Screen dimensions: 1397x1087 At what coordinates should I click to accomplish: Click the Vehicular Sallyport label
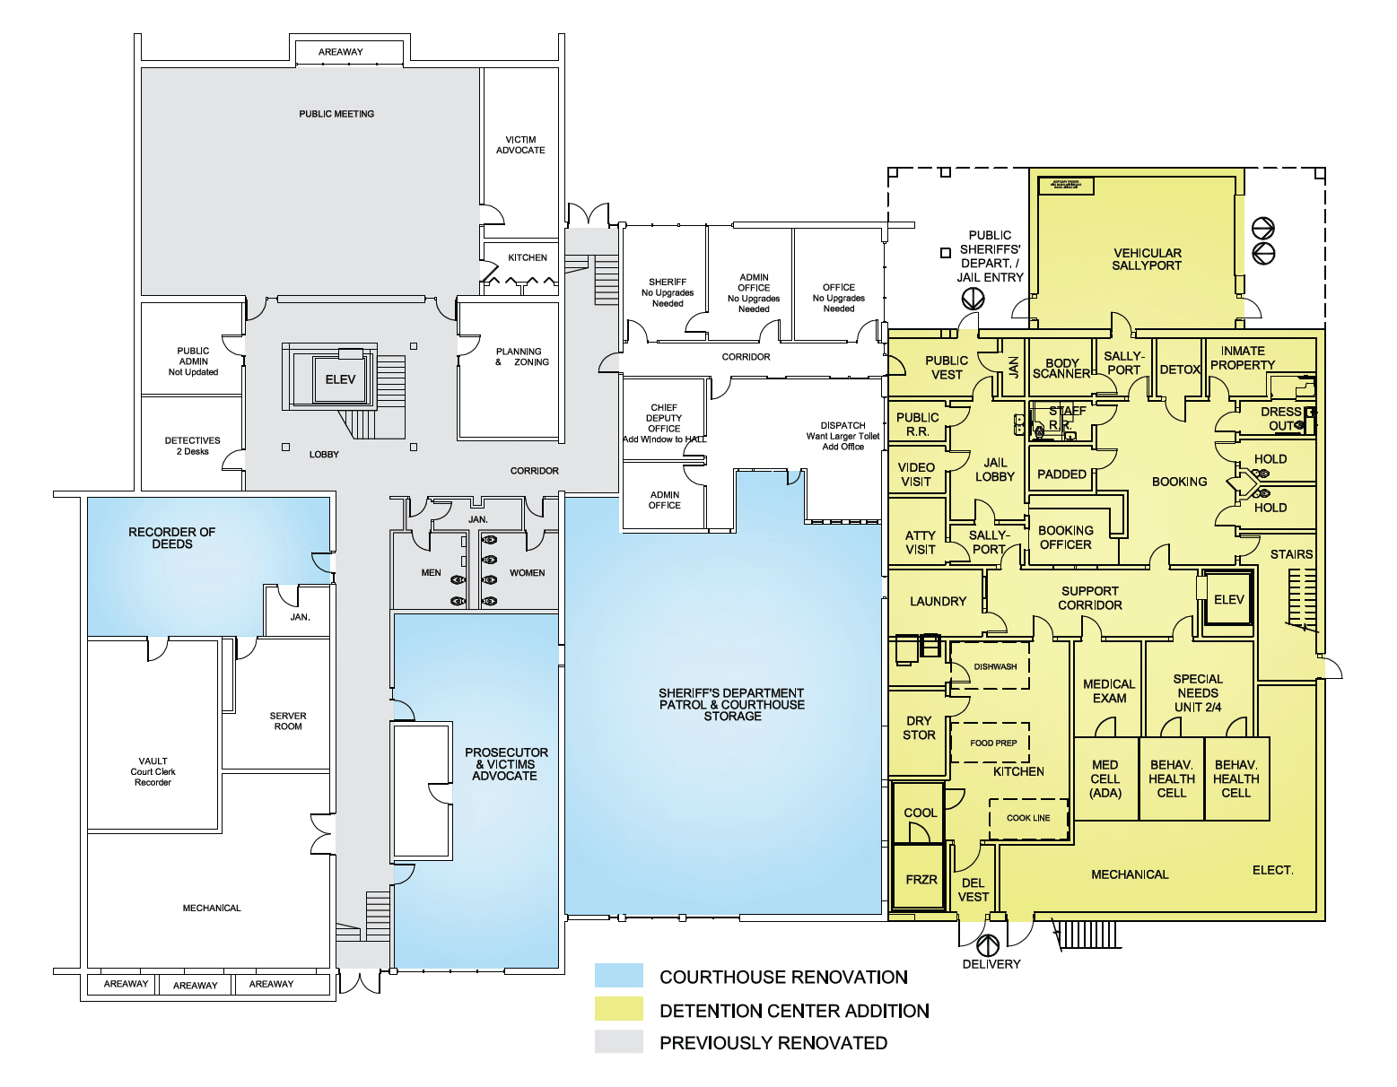tap(1147, 259)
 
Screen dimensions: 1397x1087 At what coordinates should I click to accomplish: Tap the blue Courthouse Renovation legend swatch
tap(618, 976)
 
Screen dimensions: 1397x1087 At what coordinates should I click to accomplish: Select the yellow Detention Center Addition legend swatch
tap(618, 1009)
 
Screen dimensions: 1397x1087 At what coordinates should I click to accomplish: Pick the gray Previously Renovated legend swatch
tap(618, 1041)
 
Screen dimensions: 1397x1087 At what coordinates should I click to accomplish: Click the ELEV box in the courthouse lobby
tap(340, 379)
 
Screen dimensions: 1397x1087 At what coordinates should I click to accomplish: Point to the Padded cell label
tap(1061, 474)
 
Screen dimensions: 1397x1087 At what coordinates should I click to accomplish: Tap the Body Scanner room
tap(1061, 369)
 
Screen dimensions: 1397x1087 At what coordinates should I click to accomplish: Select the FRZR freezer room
tap(921, 879)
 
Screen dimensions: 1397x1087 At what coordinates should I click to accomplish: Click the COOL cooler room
tap(920, 813)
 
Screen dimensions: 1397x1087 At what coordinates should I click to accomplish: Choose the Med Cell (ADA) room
tap(1105, 778)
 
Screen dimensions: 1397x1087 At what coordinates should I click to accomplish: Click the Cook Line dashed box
tap(1028, 818)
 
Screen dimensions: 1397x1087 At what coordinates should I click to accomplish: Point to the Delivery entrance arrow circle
tap(988, 944)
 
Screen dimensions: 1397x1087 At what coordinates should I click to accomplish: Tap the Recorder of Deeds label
tap(171, 538)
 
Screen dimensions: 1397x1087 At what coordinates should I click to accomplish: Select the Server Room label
tap(287, 721)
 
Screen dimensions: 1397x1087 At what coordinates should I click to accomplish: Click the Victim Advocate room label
tap(520, 145)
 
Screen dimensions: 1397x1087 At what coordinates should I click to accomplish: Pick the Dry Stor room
tap(919, 728)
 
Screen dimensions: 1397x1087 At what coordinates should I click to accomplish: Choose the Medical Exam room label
tap(1109, 691)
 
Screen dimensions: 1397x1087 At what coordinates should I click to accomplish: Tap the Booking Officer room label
tap(1065, 537)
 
